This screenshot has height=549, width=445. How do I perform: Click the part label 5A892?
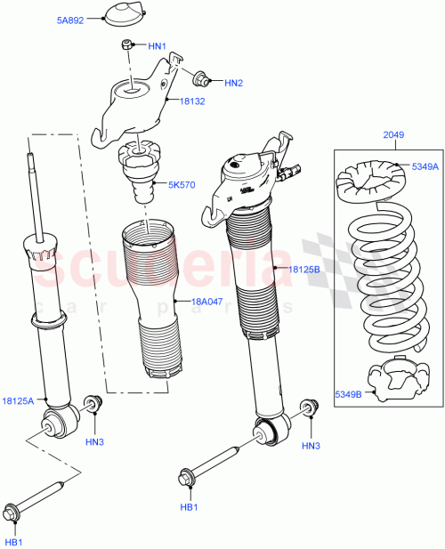pos(70,20)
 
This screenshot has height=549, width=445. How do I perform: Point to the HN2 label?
pos(233,84)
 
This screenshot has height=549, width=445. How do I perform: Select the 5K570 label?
pos(182,185)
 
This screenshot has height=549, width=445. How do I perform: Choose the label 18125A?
pos(18,401)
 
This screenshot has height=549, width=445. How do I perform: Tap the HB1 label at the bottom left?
pos(14,541)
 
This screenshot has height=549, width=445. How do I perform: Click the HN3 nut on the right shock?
pos(309,408)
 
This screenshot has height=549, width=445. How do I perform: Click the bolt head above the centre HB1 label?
pos(189,478)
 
